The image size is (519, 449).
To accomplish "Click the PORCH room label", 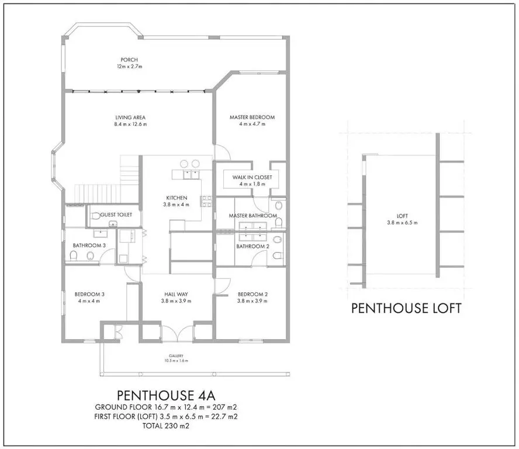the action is [x=129, y=60].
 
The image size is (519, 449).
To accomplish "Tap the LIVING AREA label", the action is [x=130, y=118].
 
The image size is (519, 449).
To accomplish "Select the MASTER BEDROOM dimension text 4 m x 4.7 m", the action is [x=252, y=124].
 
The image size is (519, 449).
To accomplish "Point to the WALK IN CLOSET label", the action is [x=252, y=178].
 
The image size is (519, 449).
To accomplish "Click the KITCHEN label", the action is [x=177, y=198].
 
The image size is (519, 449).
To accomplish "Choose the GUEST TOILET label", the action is [x=116, y=215].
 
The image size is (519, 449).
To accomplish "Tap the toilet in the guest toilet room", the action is [x=96, y=216].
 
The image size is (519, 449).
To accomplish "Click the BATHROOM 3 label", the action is [x=89, y=246].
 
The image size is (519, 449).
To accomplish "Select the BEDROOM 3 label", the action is [x=89, y=295].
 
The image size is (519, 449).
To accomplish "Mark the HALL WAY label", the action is [x=176, y=295].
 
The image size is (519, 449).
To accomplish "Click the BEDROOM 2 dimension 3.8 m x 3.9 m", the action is [x=252, y=301].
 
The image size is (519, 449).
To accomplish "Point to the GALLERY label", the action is [x=176, y=356].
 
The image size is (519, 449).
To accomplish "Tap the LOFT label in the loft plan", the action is [x=402, y=216].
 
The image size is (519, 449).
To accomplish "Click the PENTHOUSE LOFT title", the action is [x=406, y=308].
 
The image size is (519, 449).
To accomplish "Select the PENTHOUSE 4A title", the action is [x=166, y=395].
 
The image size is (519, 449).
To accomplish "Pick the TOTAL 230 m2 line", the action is [x=166, y=426].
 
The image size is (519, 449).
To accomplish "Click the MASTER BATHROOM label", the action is [x=253, y=216].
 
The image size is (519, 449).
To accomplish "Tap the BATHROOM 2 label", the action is [x=253, y=246].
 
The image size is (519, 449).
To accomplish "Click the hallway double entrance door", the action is [x=177, y=333].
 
